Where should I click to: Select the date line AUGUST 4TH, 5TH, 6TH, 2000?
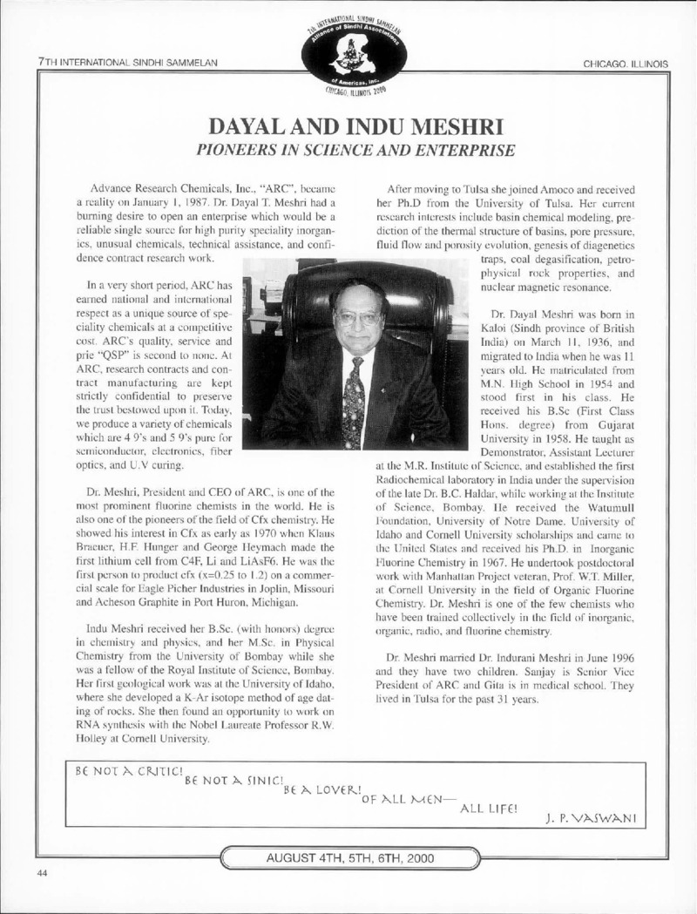pos(348,857)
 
